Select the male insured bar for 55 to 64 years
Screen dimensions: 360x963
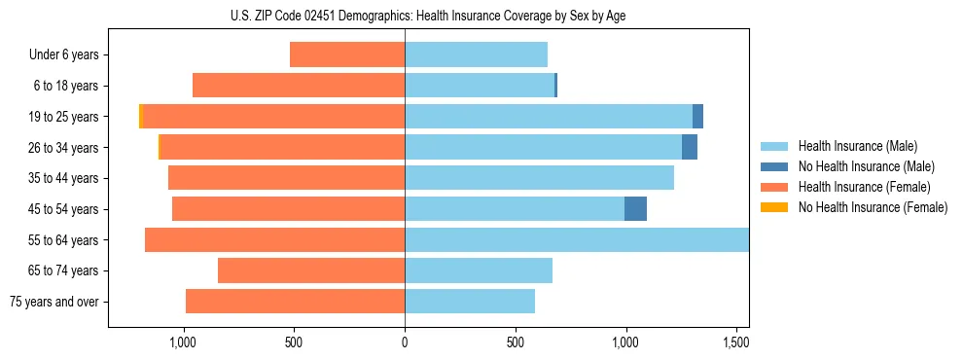coord(576,239)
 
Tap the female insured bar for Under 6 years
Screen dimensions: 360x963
coord(347,54)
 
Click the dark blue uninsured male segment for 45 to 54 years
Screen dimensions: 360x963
coord(635,208)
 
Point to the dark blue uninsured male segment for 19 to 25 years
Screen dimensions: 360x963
coord(697,117)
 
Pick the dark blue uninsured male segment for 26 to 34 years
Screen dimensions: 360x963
coord(690,147)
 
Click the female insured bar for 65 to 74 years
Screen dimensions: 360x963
coord(311,270)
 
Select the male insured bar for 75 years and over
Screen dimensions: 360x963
coord(470,302)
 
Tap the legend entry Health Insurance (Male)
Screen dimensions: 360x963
coord(857,146)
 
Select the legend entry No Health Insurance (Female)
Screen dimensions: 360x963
coord(873,207)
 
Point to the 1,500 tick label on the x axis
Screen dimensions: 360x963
coord(736,342)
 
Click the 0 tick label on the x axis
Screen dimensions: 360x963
coord(405,342)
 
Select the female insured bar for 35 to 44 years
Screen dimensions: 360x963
coord(286,178)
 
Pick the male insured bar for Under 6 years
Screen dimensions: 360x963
coord(476,54)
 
